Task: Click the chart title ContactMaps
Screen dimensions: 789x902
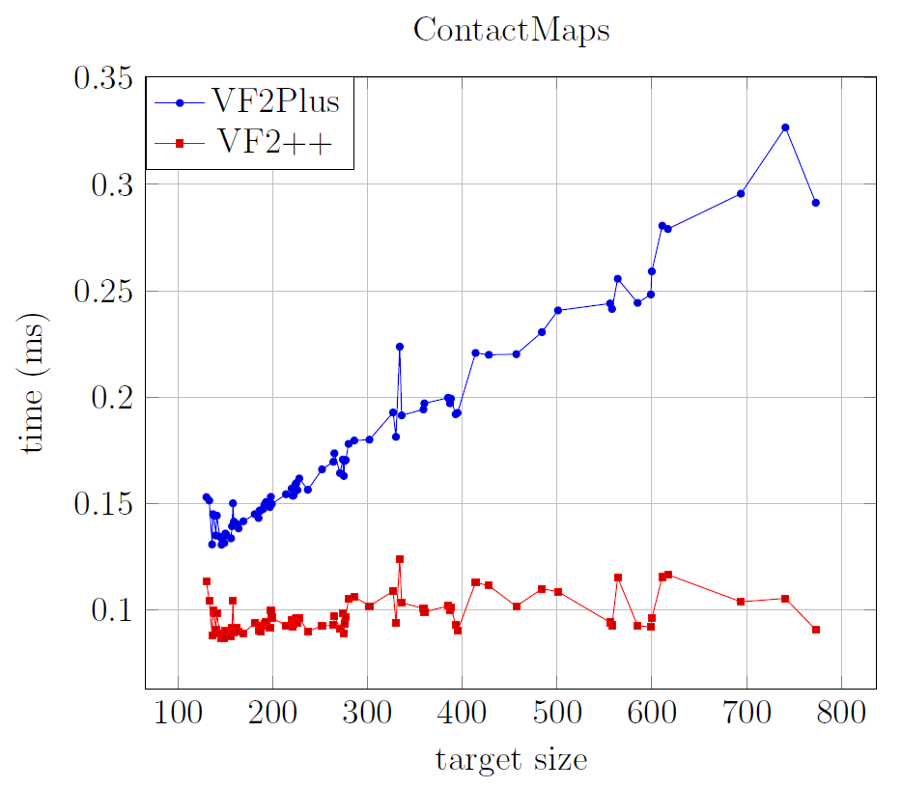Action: point(511,30)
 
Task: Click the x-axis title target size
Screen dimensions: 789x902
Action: point(511,760)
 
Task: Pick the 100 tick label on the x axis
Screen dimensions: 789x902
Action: point(178,719)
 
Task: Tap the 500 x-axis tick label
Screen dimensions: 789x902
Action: point(557,719)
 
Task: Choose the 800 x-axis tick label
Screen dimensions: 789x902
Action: point(841,719)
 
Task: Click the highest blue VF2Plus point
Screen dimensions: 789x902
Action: point(785,127)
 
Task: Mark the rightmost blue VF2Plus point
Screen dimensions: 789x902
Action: point(816,203)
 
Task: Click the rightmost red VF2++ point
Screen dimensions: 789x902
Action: point(816,630)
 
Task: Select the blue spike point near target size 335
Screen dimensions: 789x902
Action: point(400,347)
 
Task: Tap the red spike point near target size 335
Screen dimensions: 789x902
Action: point(400,559)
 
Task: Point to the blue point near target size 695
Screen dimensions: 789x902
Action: point(741,194)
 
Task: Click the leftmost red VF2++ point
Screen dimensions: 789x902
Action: point(206,581)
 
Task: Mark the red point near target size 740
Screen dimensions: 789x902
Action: point(785,599)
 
